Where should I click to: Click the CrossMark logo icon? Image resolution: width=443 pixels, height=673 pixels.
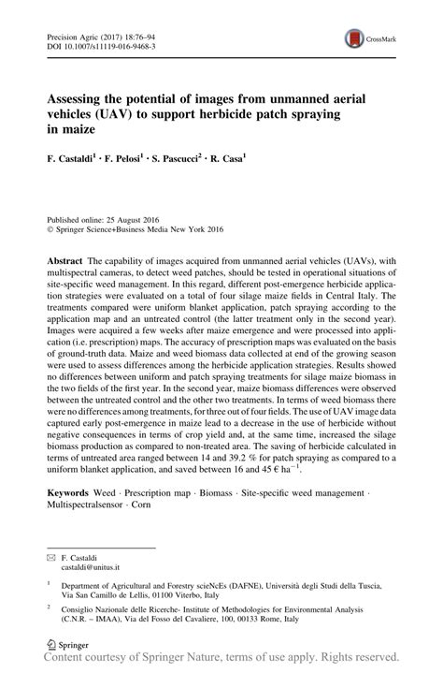pos(356,38)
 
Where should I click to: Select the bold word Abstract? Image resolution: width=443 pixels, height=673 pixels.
pos(65,255)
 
